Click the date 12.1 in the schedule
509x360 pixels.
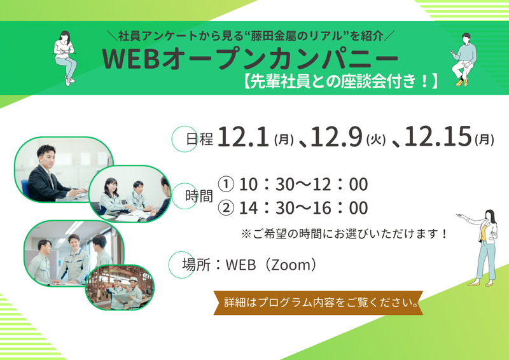click(x=244, y=137)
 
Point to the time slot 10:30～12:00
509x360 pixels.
click(x=303, y=184)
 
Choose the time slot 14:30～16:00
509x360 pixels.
click(x=303, y=208)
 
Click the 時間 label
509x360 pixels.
click(x=199, y=197)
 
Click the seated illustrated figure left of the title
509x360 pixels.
click(x=65, y=57)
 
